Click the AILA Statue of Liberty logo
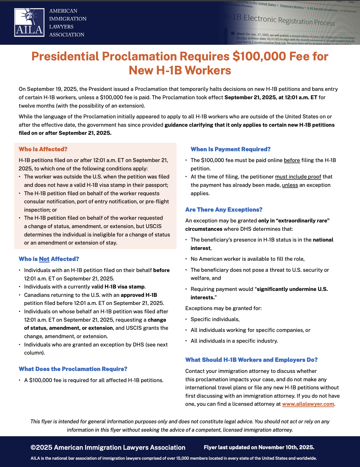click(29, 22)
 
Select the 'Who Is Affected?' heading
click(43, 149)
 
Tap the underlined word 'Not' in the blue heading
click(44, 259)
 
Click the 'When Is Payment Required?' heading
click(230, 149)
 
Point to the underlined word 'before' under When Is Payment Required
click(292, 160)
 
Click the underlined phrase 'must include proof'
click(298, 177)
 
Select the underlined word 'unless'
click(290, 185)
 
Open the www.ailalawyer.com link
click(308, 404)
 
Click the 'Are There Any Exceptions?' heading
click(224, 210)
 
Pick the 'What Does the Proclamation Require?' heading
click(73, 369)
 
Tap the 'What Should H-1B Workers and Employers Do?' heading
click(251, 360)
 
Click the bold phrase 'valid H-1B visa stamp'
click(118, 287)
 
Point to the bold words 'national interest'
click(323, 240)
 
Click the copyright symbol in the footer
click(33, 448)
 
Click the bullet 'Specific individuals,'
click(215, 319)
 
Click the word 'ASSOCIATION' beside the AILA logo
click(67, 35)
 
